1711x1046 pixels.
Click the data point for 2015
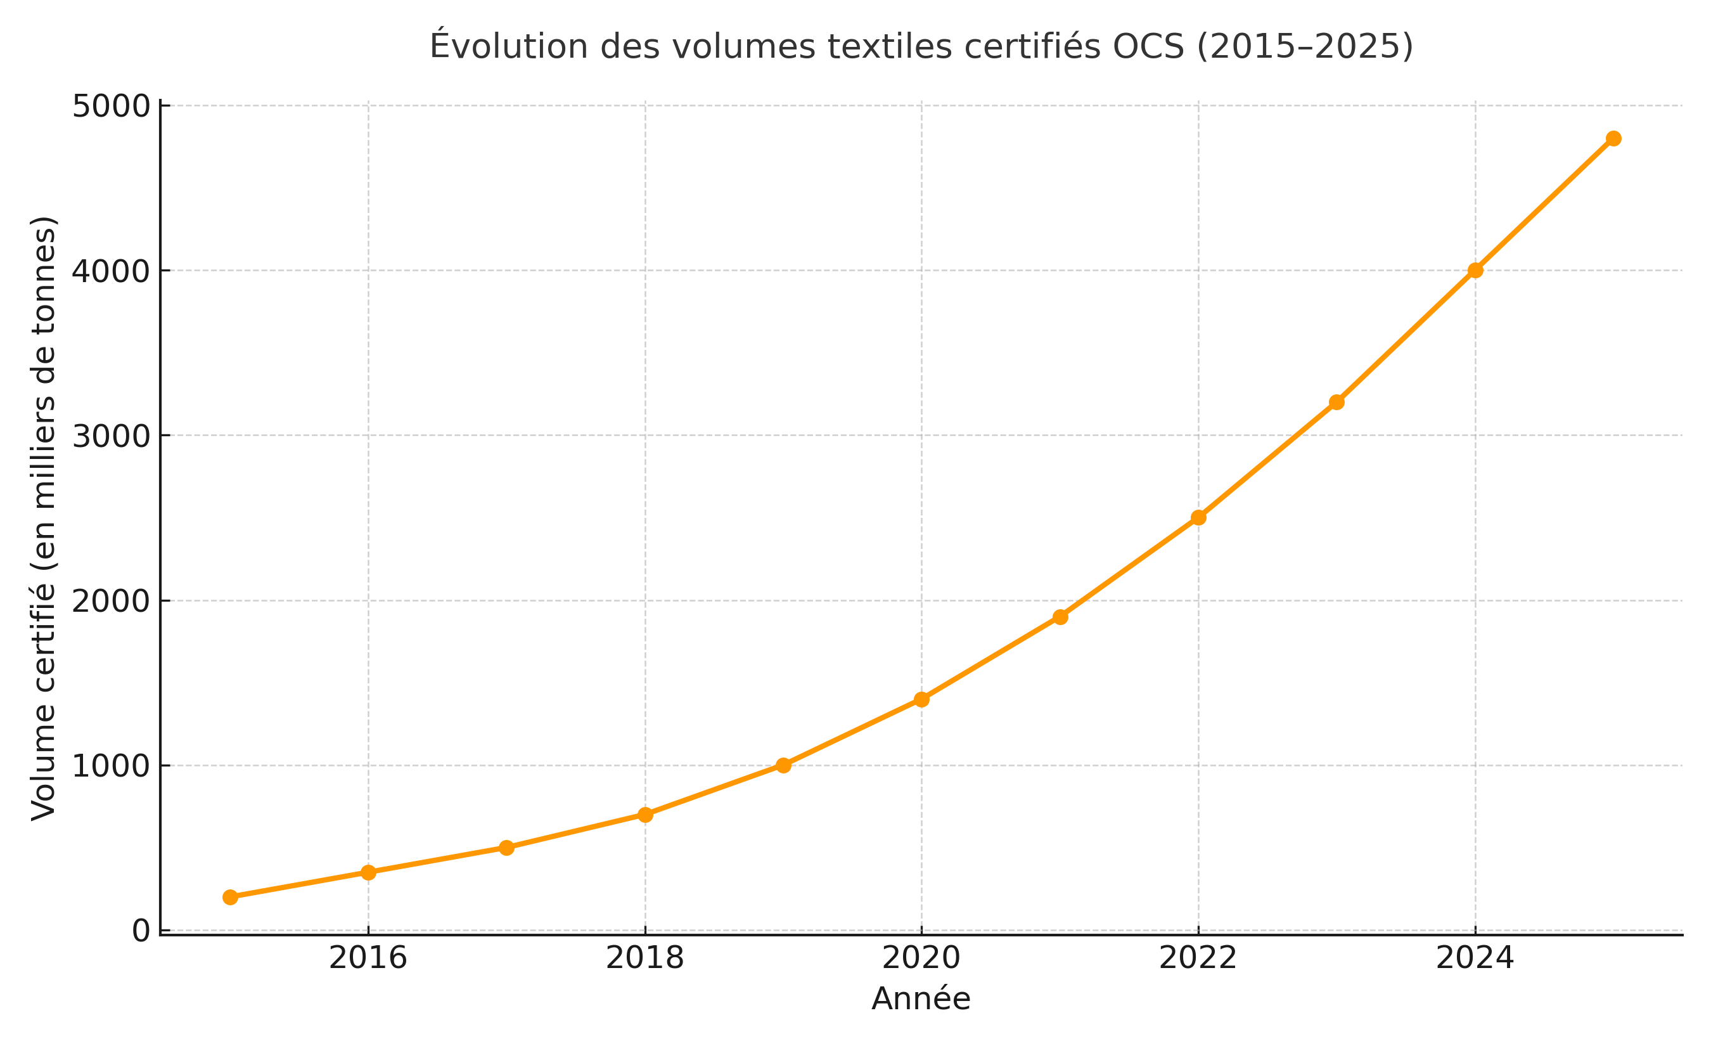(x=231, y=898)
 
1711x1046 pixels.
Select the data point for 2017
(x=507, y=848)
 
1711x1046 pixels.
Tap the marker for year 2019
(x=783, y=765)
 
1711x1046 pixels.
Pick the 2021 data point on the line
(x=1060, y=617)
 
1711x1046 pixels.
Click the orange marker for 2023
(x=1336, y=402)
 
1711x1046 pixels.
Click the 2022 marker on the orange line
(x=1198, y=517)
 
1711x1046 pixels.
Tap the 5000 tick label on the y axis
(x=111, y=107)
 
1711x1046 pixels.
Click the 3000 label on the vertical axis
(x=111, y=436)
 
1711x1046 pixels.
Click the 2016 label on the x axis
(x=368, y=959)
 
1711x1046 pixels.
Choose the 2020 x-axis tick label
(x=921, y=959)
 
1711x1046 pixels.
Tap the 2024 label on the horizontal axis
(x=1475, y=959)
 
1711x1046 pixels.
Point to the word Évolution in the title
(x=509, y=46)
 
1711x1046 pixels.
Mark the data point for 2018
(x=645, y=815)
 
